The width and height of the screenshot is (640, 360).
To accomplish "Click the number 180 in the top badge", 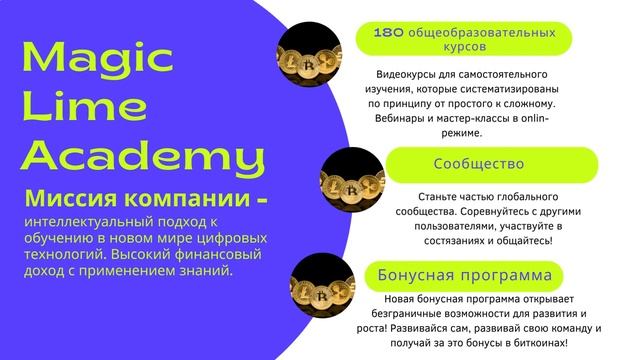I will point(388,32).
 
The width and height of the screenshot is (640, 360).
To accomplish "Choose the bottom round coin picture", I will point(319,283).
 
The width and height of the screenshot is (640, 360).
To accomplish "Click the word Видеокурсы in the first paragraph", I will point(411,75).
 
